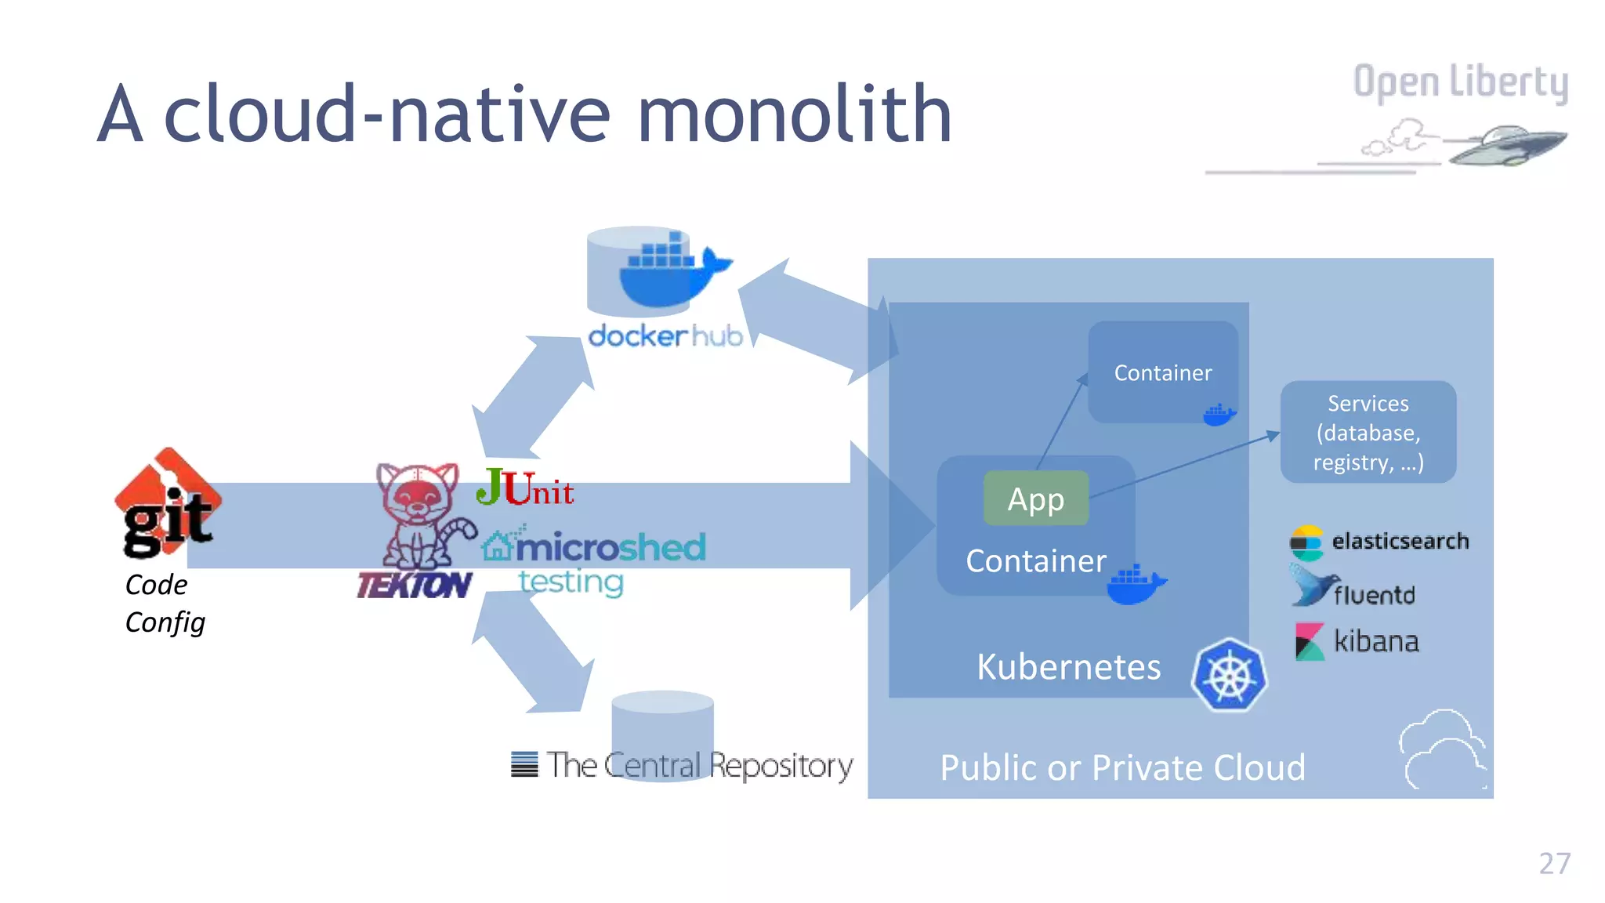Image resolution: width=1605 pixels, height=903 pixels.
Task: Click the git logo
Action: [x=168, y=504]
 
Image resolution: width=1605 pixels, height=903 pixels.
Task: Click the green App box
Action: [x=1035, y=499]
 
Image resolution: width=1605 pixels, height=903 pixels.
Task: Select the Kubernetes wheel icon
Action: [x=1229, y=675]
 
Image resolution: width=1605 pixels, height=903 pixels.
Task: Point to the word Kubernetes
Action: [x=1068, y=667]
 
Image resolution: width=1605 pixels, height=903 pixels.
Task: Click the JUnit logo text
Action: [x=525, y=488]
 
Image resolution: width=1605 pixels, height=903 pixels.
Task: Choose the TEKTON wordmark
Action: [x=414, y=586]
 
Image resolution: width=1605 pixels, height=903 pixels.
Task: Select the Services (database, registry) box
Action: [x=1368, y=432]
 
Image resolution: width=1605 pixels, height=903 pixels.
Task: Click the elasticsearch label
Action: [x=1400, y=541]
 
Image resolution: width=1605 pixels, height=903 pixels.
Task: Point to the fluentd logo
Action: [x=1353, y=592]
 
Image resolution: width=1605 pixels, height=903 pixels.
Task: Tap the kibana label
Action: [x=1375, y=642]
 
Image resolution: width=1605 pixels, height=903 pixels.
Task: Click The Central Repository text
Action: [x=699, y=765]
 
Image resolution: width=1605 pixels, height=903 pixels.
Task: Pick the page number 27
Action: [x=1554, y=863]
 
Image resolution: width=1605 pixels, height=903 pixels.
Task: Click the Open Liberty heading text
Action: [x=1460, y=82]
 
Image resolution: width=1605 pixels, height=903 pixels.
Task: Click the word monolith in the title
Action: [x=794, y=115]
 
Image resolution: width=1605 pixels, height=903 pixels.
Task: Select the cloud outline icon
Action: [x=1441, y=749]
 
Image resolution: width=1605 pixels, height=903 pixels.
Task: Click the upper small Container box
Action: [x=1162, y=372]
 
